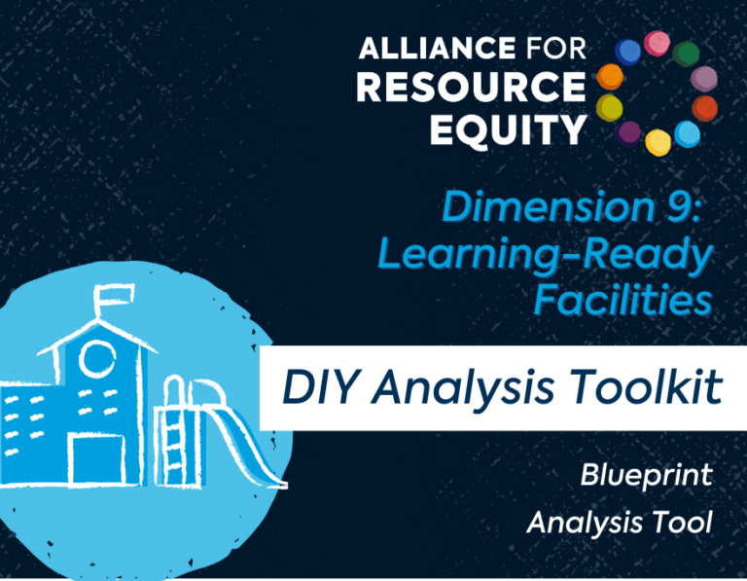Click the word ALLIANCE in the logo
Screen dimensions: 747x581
click(x=437, y=48)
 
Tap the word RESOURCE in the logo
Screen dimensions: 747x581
click(x=471, y=88)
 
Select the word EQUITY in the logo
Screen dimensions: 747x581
click(x=508, y=129)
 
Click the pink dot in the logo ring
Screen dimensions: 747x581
click(x=657, y=43)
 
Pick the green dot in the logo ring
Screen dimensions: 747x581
click(x=686, y=54)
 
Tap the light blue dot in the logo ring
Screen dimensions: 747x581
click(x=688, y=134)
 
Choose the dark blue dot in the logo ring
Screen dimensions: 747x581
click(x=628, y=52)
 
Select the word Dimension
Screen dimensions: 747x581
click(x=549, y=207)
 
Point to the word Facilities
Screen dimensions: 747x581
click(x=622, y=300)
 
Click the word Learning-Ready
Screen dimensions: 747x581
click(x=546, y=256)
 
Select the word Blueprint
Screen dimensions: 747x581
click(x=646, y=476)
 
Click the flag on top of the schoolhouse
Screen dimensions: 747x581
click(x=115, y=296)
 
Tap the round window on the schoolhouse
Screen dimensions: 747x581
click(x=96, y=359)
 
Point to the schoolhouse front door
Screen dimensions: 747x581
click(x=95, y=459)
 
